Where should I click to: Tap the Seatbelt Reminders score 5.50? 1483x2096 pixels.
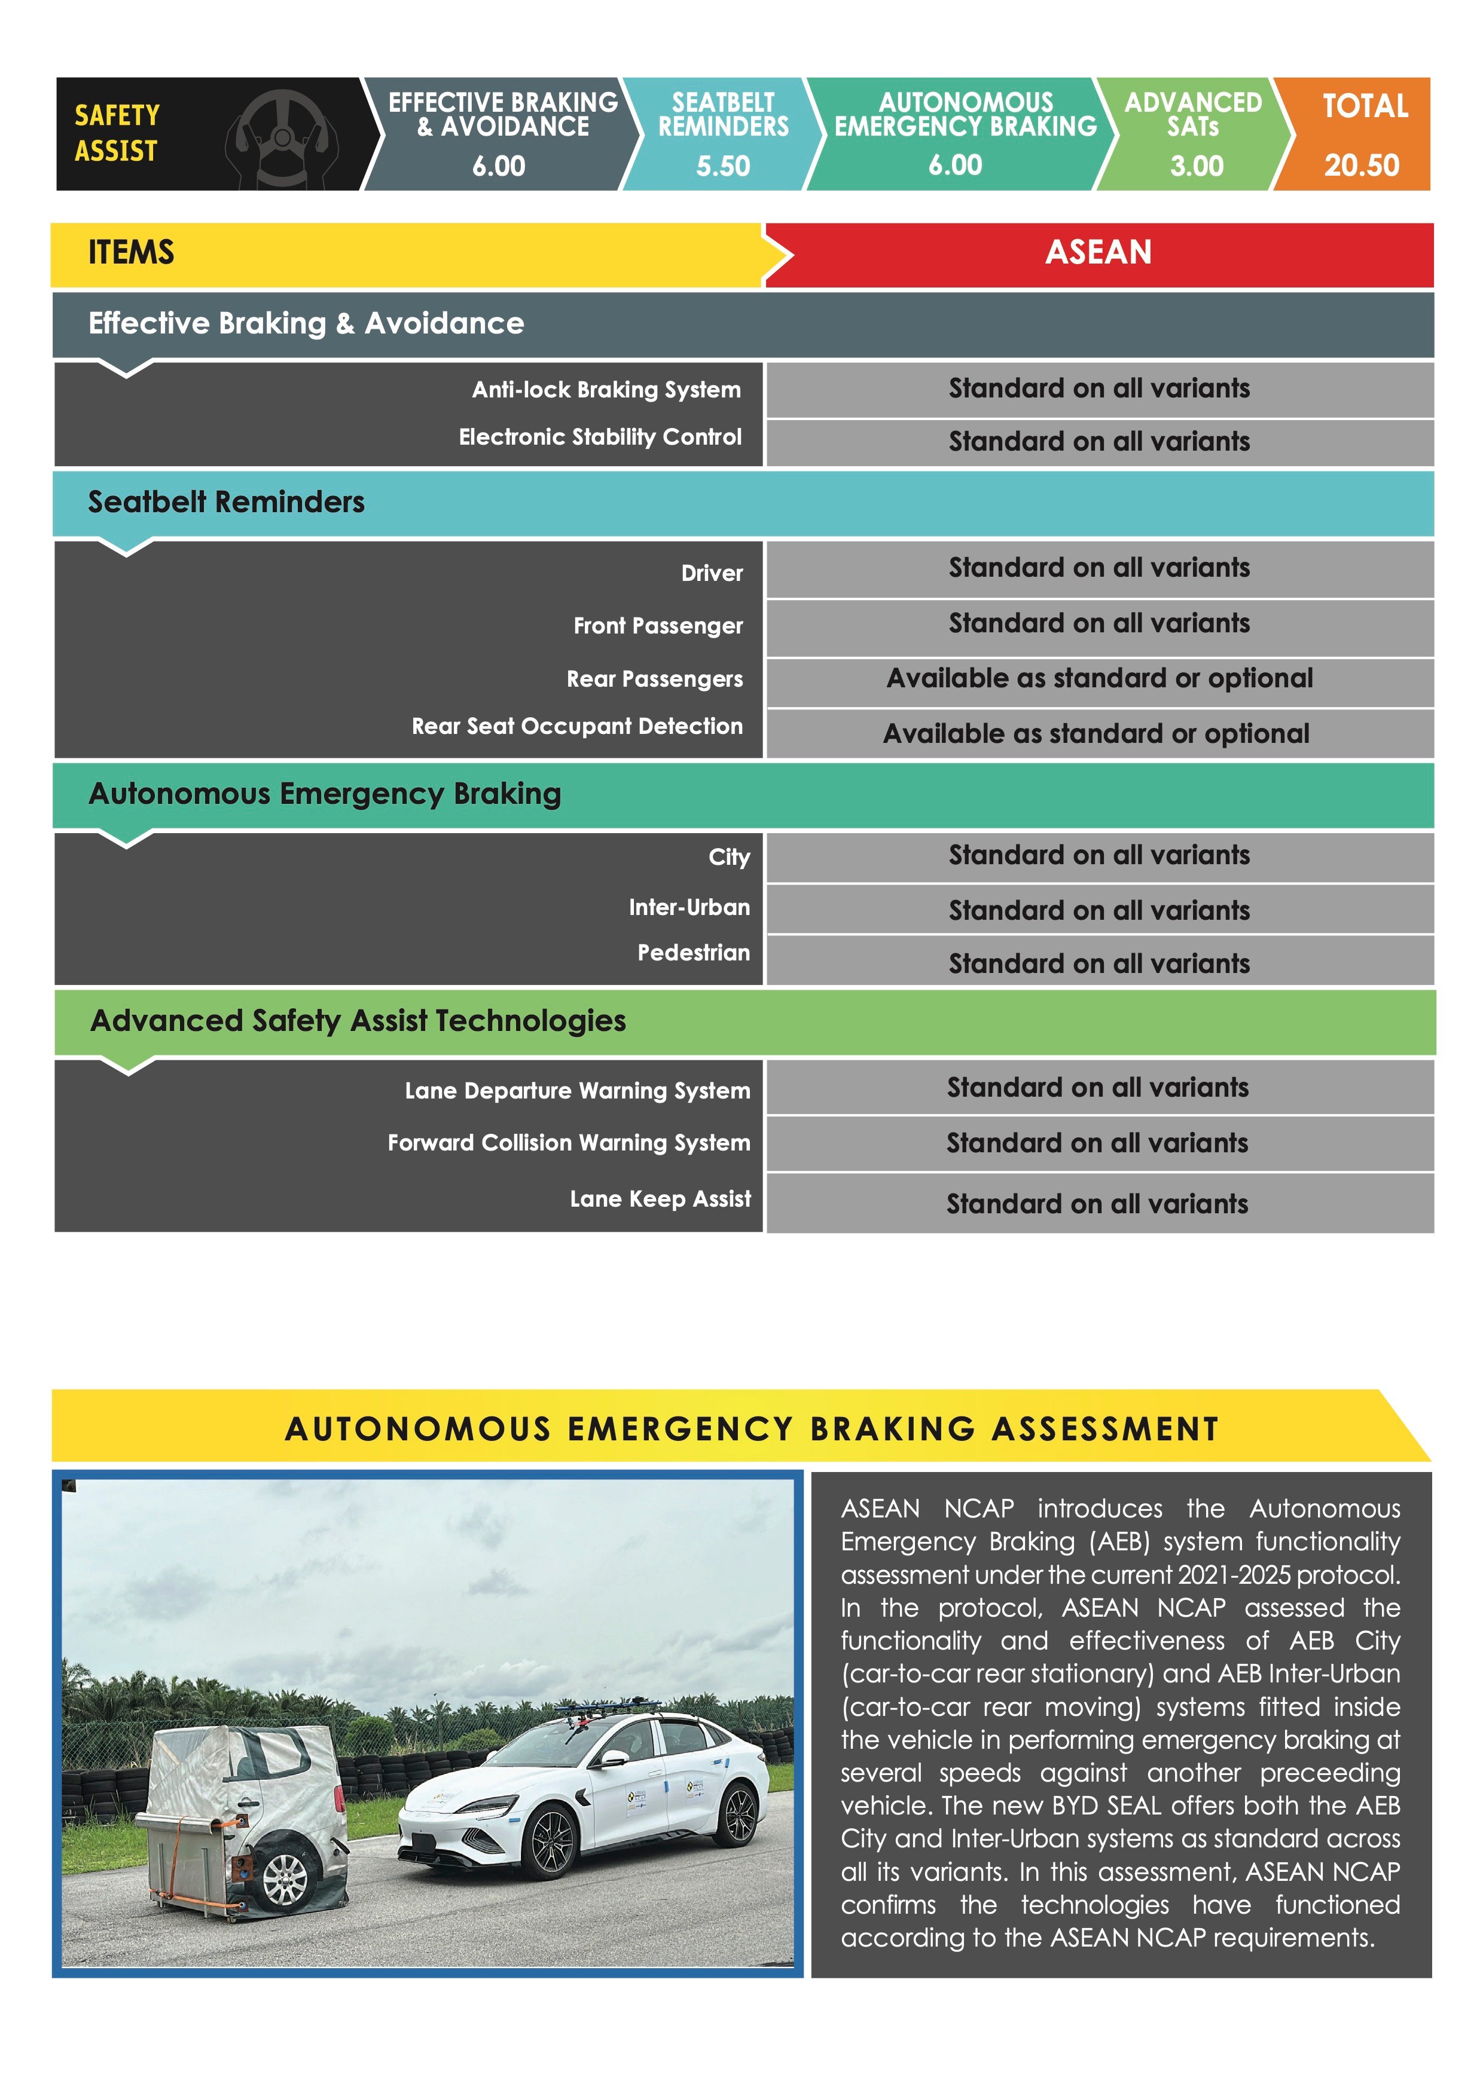722,166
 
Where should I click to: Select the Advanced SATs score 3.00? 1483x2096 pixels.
1196,166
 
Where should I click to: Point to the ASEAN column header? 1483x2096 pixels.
1098,253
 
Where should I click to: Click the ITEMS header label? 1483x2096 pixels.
130,253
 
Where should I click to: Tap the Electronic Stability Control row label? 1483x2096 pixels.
600,437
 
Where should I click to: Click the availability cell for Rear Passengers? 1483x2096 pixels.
1100,678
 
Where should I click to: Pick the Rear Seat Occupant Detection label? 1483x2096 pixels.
576,727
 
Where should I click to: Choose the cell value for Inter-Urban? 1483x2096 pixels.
1098,910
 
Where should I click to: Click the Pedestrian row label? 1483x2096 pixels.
693,953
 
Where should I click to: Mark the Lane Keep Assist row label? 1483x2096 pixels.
660,1199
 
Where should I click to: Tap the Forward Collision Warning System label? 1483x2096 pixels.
568,1143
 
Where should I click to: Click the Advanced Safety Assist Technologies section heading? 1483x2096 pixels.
358,1021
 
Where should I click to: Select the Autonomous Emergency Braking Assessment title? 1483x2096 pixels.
752,1428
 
